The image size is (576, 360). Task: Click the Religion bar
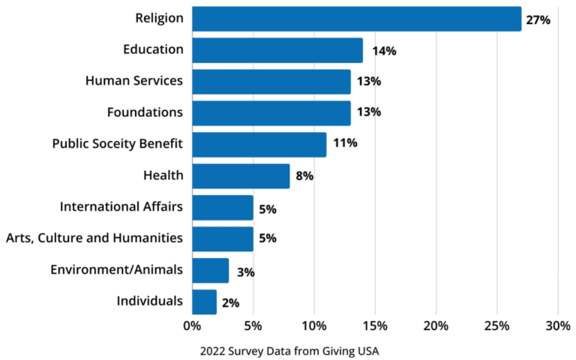356,19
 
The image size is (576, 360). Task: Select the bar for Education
277,50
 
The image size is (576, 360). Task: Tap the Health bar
241,176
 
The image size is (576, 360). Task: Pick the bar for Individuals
204,301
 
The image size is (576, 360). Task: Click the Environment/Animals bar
210,270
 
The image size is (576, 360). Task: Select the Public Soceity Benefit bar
259,145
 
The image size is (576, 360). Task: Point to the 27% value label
538,20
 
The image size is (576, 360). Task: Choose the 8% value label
304,177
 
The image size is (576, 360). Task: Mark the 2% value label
231,304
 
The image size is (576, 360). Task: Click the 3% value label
243,272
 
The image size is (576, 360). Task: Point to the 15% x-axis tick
375,326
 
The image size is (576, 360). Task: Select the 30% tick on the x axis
557,326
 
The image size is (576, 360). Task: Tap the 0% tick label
192,326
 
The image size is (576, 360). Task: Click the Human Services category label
134,81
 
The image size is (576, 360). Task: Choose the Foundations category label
145,112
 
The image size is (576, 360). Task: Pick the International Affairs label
121,206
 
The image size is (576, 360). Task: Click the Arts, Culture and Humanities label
94,238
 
